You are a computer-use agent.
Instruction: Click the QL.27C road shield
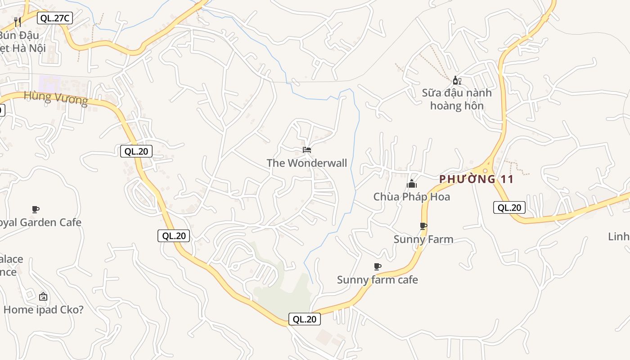(x=55, y=18)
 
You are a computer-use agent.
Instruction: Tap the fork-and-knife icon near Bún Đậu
(x=18, y=22)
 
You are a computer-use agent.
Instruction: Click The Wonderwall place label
(x=307, y=163)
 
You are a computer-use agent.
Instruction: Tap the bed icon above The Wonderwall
(x=307, y=149)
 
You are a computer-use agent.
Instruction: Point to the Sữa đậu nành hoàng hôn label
(x=457, y=99)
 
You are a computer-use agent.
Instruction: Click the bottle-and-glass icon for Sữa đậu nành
(x=457, y=81)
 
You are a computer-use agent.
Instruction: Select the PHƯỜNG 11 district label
(x=477, y=179)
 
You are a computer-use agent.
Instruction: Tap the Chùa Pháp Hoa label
(x=412, y=197)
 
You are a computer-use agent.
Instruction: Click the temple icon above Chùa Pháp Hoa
(x=412, y=184)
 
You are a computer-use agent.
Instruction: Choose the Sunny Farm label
(x=423, y=239)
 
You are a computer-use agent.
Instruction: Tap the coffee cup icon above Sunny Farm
(x=423, y=226)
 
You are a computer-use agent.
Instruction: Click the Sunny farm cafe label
(x=378, y=279)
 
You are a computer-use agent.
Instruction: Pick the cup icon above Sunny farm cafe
(x=378, y=266)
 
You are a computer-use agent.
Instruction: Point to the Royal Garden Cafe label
(x=40, y=222)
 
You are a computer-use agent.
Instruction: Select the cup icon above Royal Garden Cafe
(x=36, y=209)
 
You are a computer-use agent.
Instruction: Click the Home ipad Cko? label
(x=44, y=310)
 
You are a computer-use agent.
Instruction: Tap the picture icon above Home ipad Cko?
(x=43, y=297)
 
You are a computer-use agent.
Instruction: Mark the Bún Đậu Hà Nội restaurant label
(x=22, y=41)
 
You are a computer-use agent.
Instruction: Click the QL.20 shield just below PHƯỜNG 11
(x=509, y=207)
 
